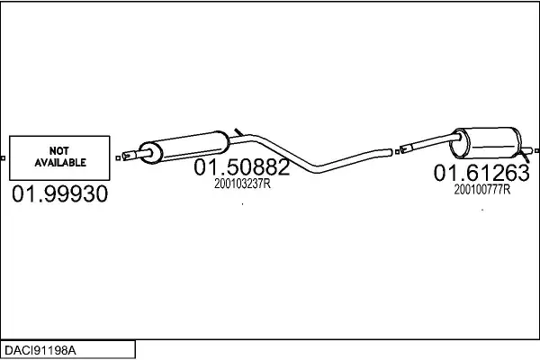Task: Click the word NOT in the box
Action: [58, 151]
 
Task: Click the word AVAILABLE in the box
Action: [60, 163]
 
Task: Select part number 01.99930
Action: [60, 193]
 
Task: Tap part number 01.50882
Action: [242, 167]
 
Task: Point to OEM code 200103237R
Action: [242, 184]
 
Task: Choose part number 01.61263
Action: [481, 173]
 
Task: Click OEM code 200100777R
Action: [482, 190]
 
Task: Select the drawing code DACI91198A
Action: [40, 350]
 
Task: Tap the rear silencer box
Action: [486, 143]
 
